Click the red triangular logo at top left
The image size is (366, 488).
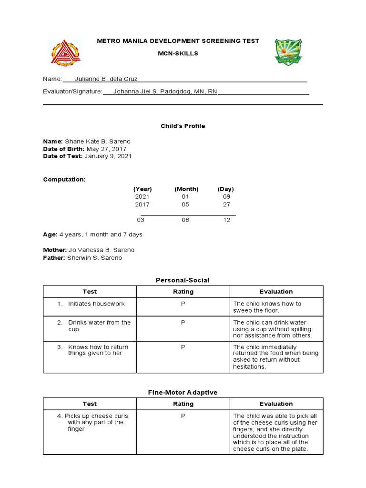pos(66,52)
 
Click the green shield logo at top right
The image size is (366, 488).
pos(288,52)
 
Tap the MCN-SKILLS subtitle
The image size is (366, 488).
pos(178,53)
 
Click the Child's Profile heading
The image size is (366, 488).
pos(183,126)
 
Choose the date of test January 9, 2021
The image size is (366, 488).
pos(108,156)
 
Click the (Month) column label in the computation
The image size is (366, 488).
pos(186,189)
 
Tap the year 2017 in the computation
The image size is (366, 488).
pos(142,204)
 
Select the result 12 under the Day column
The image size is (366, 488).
pos(226,220)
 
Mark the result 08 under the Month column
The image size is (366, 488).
pos(185,220)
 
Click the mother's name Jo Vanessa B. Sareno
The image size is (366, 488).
pos(102,250)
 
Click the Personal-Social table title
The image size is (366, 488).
pos(183,280)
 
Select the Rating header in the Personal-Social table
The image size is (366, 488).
pos(183,292)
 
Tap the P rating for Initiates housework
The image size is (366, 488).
pos(183,304)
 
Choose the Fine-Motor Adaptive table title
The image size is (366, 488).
pos(183,392)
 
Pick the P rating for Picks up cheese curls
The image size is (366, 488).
pos(183,416)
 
